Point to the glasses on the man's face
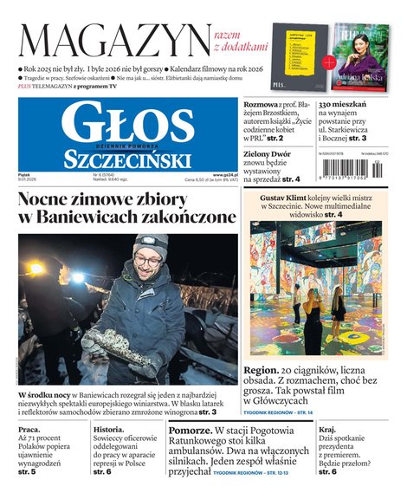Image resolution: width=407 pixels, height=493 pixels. [x=148, y=261]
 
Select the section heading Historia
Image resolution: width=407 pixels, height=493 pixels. [x=109, y=430]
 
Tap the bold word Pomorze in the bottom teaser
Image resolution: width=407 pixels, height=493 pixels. [x=190, y=431]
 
